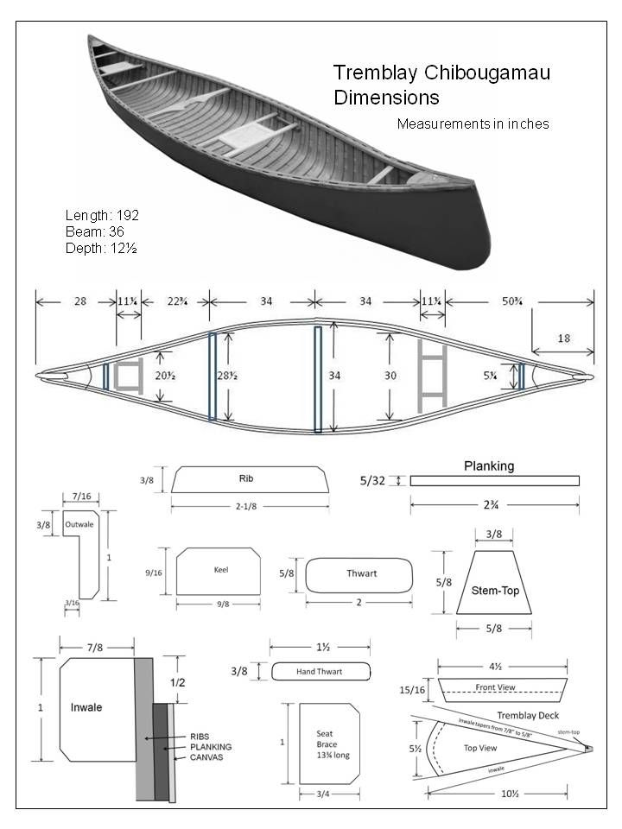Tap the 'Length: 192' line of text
pos(102,215)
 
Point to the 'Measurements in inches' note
pos(473,123)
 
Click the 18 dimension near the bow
pos(563,339)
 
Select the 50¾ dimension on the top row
pos(518,301)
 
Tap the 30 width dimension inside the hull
pos(390,377)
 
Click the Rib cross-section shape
pos(250,479)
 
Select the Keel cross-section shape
pos(219,571)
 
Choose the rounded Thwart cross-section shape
pos(359,574)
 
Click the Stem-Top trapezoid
pos(493,582)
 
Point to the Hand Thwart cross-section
pos(321,671)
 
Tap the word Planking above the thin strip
pos(489,465)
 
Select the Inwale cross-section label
pos(86,707)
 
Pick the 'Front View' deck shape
pos(502,689)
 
